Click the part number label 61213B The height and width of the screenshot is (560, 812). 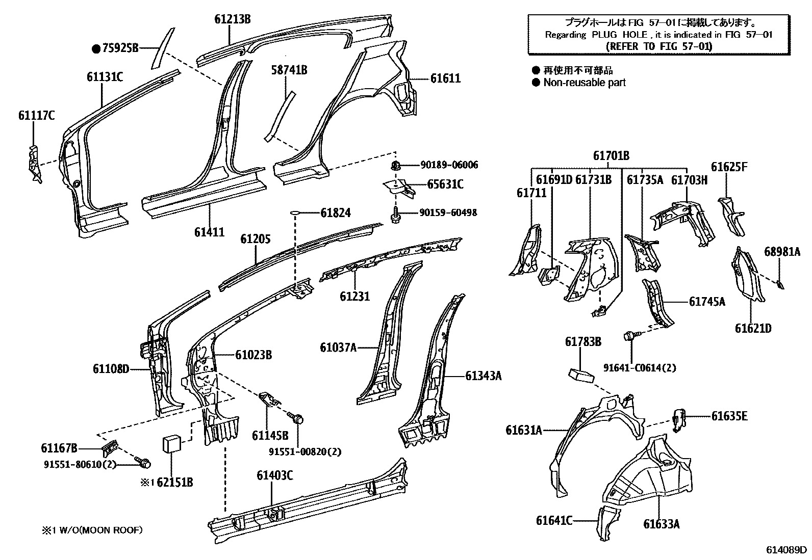(x=232, y=20)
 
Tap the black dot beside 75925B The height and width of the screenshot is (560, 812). (x=95, y=49)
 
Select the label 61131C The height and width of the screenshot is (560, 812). (x=104, y=77)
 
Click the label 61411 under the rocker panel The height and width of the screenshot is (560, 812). (x=209, y=232)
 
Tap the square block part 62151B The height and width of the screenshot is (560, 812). (x=172, y=443)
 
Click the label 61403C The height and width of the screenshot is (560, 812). (x=274, y=475)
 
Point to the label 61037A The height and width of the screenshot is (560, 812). (x=338, y=348)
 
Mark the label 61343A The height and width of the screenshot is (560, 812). (x=483, y=376)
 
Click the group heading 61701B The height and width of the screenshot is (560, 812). (x=611, y=156)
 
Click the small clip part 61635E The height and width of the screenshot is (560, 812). (x=679, y=419)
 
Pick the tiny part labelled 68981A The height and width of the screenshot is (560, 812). (x=780, y=285)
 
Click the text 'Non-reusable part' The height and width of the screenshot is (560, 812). (x=584, y=83)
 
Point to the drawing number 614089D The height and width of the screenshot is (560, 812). (x=786, y=550)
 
